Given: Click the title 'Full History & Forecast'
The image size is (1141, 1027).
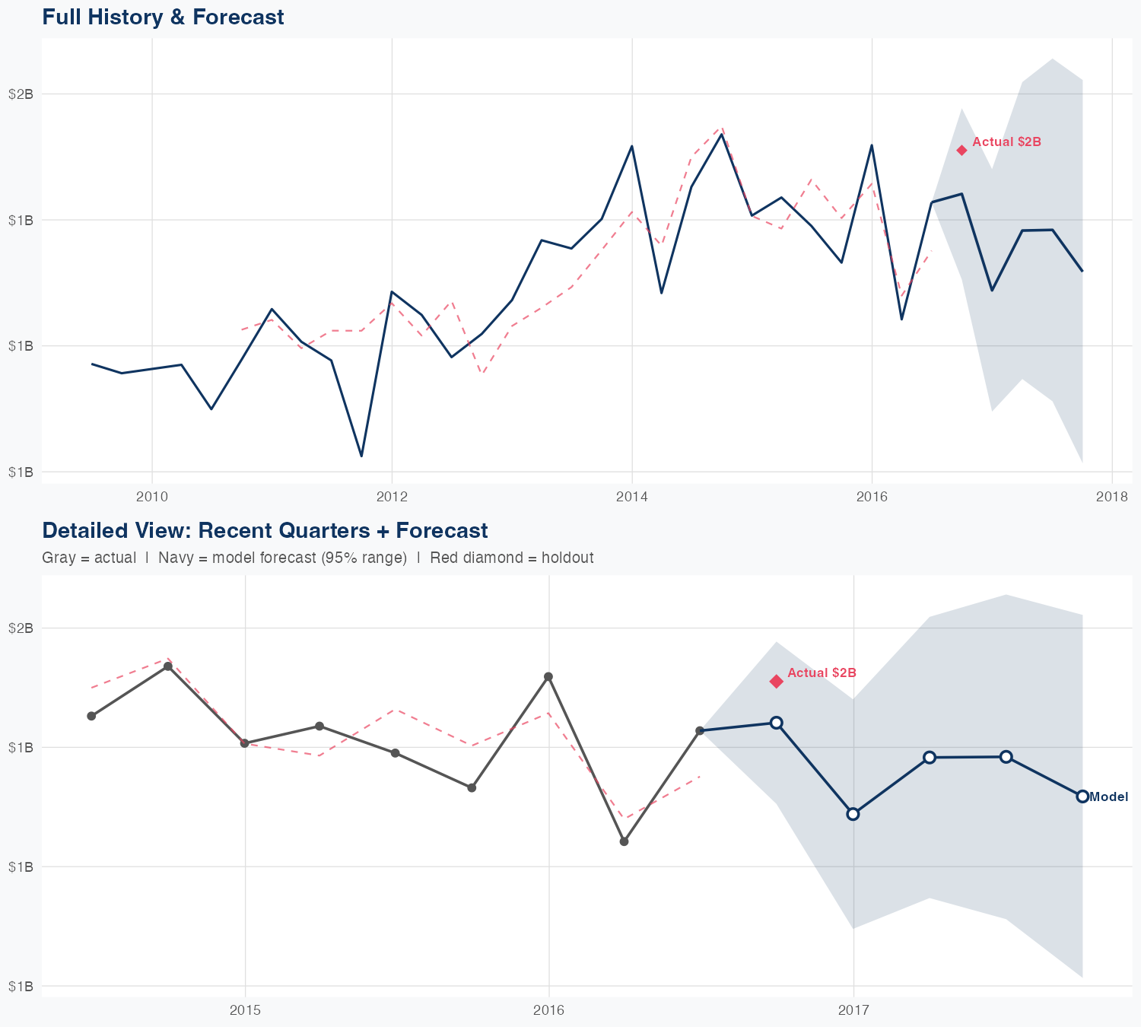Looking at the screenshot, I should [163, 17].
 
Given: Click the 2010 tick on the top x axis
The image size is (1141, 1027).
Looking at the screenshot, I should [152, 498].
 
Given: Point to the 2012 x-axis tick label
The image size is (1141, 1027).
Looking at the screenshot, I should [392, 498].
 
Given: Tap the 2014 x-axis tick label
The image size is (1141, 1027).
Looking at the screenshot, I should [631, 498].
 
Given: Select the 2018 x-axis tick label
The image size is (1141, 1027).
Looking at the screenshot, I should [1111, 498].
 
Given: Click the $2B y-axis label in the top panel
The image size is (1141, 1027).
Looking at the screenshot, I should [21, 94].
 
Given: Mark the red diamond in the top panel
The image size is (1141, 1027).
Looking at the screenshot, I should [961, 150].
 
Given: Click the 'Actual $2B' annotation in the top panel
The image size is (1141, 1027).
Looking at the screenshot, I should [1006, 142].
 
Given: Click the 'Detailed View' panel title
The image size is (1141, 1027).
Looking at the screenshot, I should [265, 530].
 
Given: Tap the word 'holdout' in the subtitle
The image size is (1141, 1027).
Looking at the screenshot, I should [567, 558].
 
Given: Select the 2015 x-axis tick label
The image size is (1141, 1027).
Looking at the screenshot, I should [245, 1010].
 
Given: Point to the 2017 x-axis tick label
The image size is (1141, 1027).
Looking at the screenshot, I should [853, 1010].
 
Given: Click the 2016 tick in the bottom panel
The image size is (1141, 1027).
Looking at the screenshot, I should [548, 1010].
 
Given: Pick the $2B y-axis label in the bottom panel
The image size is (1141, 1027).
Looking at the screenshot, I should [21, 628].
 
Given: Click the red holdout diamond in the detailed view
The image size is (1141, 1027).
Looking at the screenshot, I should [776, 681].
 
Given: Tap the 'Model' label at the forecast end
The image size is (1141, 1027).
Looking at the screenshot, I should [1108, 797].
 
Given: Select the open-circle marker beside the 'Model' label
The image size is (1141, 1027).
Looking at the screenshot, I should [1082, 796].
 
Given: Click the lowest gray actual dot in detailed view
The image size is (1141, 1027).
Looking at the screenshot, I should [624, 841].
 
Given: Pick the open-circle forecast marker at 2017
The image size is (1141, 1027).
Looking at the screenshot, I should [853, 814].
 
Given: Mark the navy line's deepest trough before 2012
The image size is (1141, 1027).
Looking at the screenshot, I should [361, 456].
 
